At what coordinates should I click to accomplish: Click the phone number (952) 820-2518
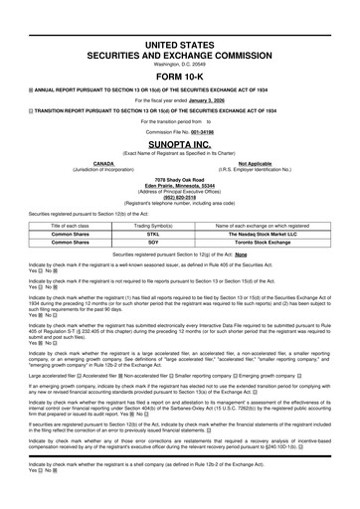pyautogui.click(x=180, y=194)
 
